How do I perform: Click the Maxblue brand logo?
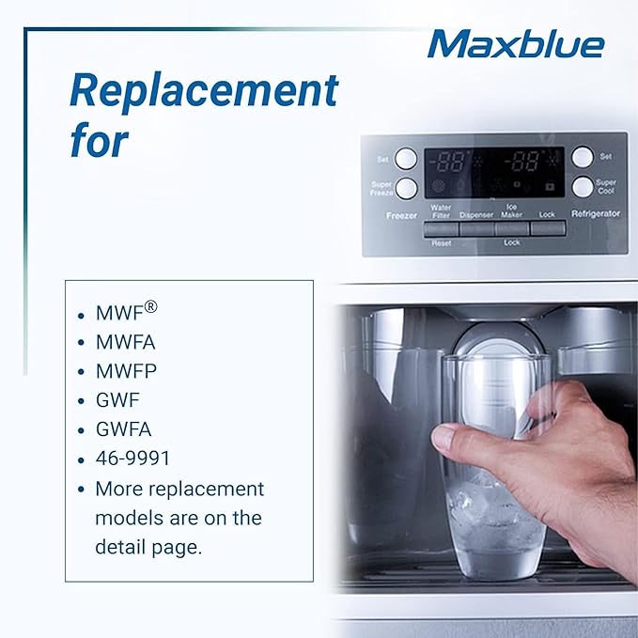tap(515, 43)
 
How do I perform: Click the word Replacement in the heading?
tap(203, 91)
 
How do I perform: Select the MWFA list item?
tap(127, 342)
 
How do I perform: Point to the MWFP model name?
tap(127, 371)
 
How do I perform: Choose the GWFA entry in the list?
tap(124, 428)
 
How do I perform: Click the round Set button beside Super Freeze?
tap(406, 158)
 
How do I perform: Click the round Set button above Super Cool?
tap(583, 157)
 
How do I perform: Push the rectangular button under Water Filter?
tap(441, 228)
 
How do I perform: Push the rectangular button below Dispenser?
tap(476, 228)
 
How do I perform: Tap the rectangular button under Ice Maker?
tap(512, 228)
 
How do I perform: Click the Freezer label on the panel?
tap(401, 215)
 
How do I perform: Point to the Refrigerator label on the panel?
tap(596, 214)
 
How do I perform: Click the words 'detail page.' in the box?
tap(148, 546)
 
